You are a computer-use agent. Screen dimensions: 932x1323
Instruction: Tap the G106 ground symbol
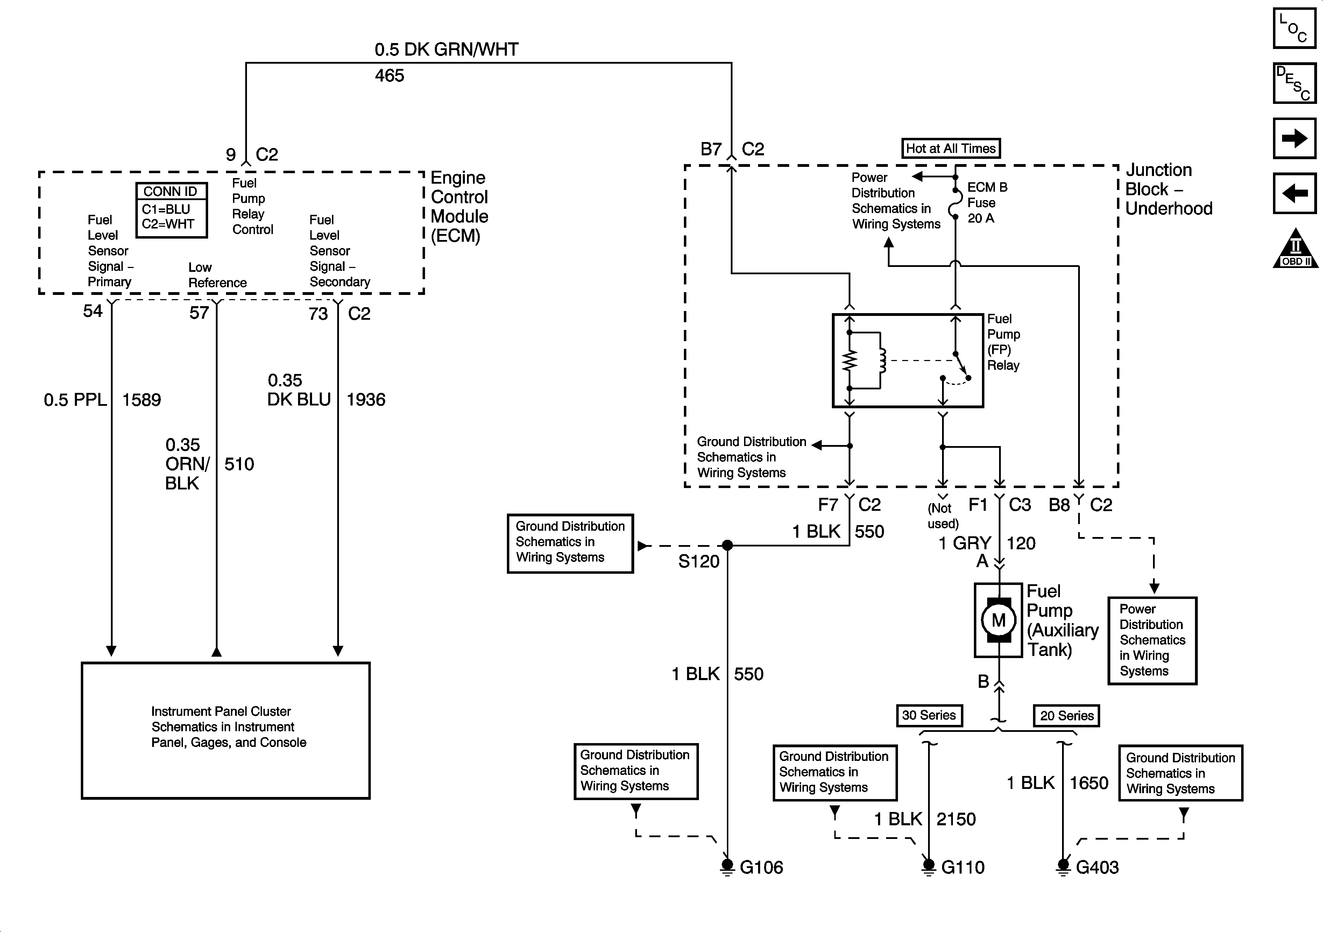[727, 866]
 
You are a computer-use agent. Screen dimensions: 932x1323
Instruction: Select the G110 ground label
[963, 867]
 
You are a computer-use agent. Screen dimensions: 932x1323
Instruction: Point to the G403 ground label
[1097, 867]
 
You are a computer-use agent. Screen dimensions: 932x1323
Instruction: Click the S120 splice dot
[727, 545]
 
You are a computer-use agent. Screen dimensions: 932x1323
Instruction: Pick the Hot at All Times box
[951, 148]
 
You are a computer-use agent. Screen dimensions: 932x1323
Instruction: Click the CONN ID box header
[171, 191]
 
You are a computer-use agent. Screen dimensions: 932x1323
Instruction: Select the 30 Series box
[929, 715]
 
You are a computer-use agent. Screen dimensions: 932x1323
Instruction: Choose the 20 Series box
[1067, 716]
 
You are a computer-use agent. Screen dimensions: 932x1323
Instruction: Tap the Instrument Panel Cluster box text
[228, 727]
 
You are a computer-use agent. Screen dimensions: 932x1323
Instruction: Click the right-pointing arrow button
[1294, 138]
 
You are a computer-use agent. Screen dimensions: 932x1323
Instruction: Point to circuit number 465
[390, 76]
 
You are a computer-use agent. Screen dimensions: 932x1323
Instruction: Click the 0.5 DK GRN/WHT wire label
[447, 50]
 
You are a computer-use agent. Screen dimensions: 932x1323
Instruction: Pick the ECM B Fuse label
[987, 202]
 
